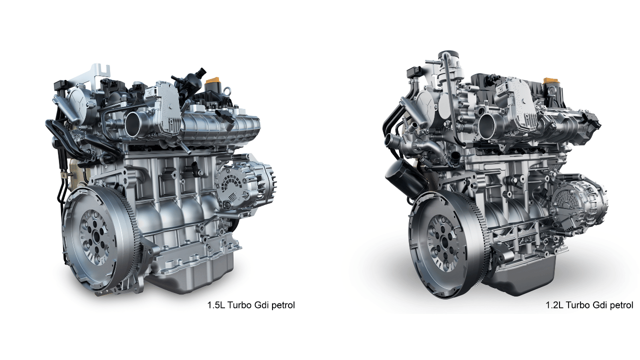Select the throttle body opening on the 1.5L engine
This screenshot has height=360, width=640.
(x=134, y=123)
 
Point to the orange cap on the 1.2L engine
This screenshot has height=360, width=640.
(x=550, y=81)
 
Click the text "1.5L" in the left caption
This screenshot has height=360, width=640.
(x=216, y=304)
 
